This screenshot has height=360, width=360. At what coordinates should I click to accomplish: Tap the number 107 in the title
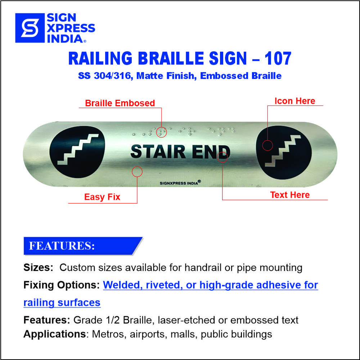point(277,59)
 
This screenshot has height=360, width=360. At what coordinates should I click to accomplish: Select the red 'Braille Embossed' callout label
point(120,103)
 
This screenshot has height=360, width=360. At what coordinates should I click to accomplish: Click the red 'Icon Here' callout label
point(295,101)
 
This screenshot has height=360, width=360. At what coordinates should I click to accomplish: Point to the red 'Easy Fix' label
point(102,197)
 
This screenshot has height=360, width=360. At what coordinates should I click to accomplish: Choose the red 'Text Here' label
point(290,195)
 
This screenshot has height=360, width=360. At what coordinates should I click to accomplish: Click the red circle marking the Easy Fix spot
point(137,171)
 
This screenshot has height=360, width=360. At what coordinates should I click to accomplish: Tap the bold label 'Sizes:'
point(39,267)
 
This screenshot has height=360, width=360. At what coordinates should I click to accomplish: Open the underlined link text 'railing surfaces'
point(62,303)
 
